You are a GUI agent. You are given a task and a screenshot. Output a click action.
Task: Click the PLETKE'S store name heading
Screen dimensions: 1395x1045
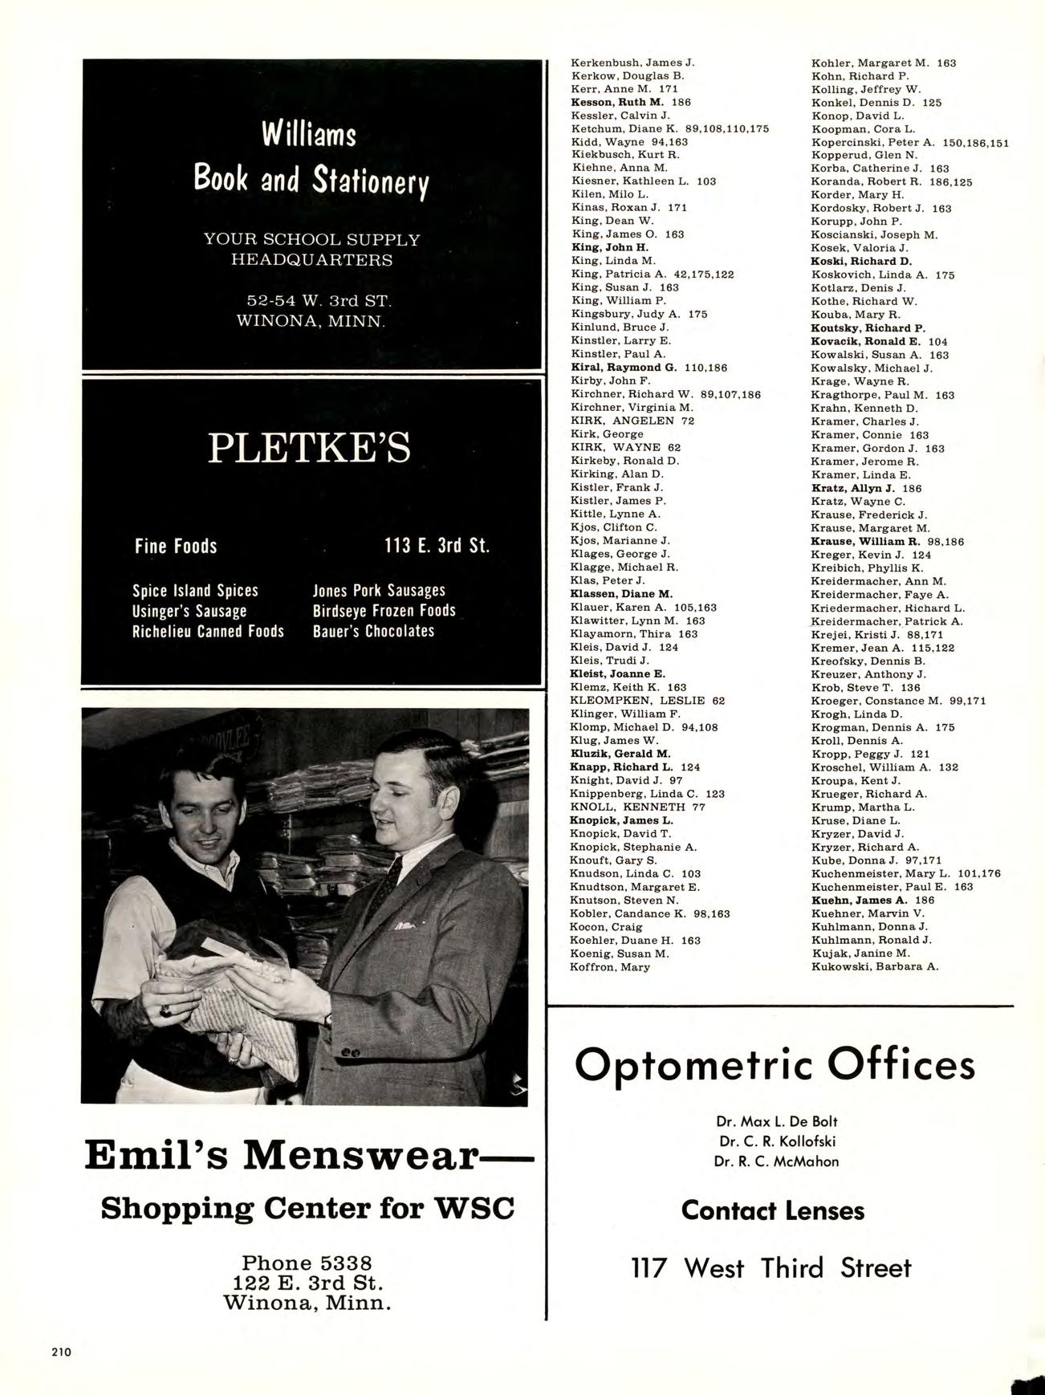(x=309, y=447)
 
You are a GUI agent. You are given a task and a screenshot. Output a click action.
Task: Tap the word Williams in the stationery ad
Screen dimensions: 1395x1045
(x=309, y=134)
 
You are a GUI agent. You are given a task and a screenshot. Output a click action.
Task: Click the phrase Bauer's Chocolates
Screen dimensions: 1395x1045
(x=373, y=631)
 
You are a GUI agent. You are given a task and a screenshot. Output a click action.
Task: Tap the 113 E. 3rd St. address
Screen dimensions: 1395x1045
(x=437, y=547)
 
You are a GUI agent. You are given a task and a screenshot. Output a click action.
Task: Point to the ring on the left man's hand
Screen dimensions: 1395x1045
(x=166, y=1011)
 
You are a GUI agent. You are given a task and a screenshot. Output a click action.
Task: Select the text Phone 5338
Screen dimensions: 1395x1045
(x=307, y=1263)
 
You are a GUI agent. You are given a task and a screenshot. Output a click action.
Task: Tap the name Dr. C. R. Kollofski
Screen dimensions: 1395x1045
(x=775, y=1141)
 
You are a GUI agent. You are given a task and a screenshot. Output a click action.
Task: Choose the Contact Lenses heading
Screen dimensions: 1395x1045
(x=773, y=1210)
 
